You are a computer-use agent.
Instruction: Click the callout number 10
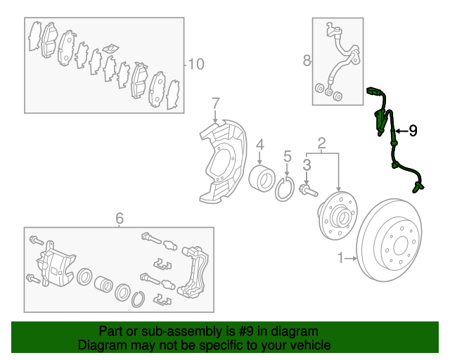196,64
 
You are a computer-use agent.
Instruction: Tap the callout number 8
307,60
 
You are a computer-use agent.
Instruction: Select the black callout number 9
413,131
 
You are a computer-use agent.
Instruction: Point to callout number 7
216,103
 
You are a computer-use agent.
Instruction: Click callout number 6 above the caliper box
120,219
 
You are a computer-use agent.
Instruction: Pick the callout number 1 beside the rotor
340,258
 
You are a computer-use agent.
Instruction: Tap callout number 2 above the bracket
322,143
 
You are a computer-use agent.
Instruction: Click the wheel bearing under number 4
262,178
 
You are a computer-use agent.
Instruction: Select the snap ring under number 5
285,189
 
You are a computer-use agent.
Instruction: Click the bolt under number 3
308,191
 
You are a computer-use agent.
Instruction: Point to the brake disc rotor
389,240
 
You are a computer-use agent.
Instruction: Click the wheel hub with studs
337,215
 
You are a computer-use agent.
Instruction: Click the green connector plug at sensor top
373,91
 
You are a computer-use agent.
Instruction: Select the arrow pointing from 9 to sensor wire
402,131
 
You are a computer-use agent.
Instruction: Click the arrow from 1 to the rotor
351,258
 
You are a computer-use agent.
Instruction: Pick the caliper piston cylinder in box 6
103,284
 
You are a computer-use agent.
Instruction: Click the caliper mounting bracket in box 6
193,271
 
